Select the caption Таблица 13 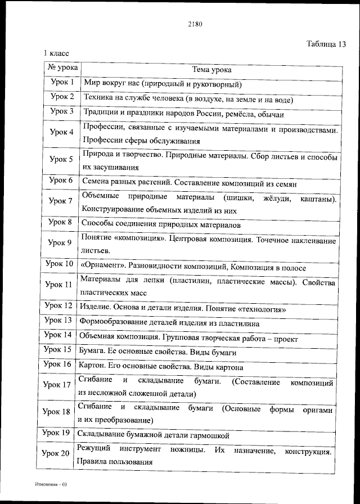[x=326, y=44]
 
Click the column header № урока [x=61, y=69]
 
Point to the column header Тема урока [x=211, y=70]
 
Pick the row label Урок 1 [x=62, y=83]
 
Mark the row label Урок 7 [x=61, y=201]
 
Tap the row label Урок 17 [x=58, y=385]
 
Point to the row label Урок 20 [x=56, y=454]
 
